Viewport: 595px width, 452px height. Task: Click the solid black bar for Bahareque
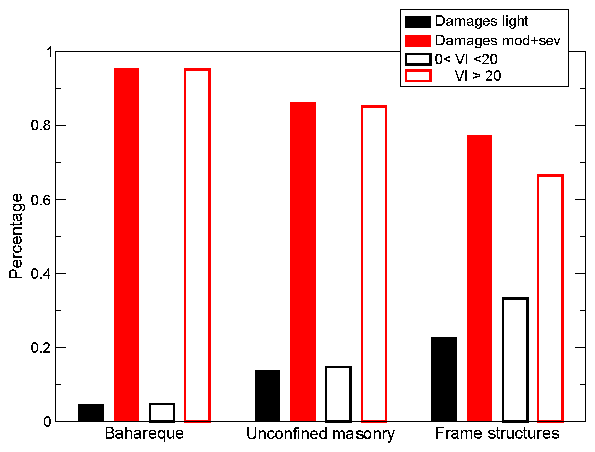pyautogui.click(x=91, y=413)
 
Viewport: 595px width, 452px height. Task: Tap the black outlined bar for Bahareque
pyautogui.click(x=162, y=412)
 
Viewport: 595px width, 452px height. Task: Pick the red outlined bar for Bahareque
pyautogui.click(x=197, y=245)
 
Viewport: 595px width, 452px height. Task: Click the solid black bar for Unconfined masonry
pyautogui.click(x=268, y=396)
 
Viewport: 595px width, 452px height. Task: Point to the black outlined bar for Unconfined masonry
pyautogui.click(x=338, y=394)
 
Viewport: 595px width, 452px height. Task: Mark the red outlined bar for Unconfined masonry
pyautogui.click(x=374, y=264)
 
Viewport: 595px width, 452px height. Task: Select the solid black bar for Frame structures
pyautogui.click(x=444, y=379)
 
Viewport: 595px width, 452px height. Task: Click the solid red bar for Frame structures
pyautogui.click(x=480, y=278)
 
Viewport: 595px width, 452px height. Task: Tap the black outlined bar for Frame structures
pyautogui.click(x=515, y=360)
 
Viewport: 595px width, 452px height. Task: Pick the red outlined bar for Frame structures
pyautogui.click(x=550, y=298)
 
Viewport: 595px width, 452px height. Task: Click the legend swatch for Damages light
pyautogui.click(x=417, y=22)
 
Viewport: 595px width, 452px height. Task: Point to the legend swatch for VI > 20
pyautogui.click(x=417, y=76)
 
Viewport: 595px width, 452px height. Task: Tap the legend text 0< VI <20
pyautogui.click(x=466, y=58)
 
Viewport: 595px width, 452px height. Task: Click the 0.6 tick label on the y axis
pyautogui.click(x=40, y=200)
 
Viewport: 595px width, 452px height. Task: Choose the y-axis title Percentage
pyautogui.click(x=16, y=236)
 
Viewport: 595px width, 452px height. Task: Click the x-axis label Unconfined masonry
pyautogui.click(x=320, y=434)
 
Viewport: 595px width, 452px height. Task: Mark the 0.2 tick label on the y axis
pyautogui.click(x=40, y=348)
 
